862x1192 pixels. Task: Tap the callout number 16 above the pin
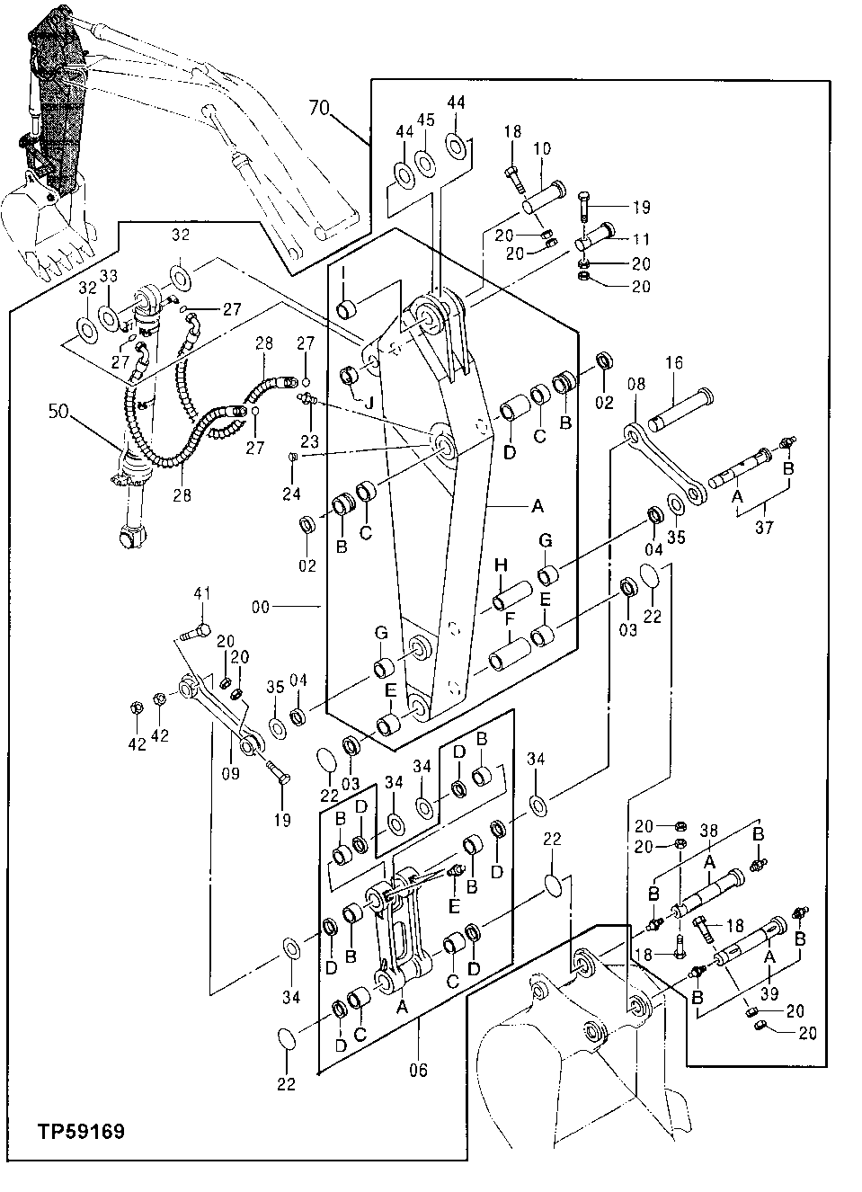pos(674,362)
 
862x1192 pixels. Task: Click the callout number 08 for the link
pos(635,385)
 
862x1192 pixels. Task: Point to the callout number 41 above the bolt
pos(202,593)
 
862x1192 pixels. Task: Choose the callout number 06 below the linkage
pos(418,1070)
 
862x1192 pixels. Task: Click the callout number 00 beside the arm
pos(260,607)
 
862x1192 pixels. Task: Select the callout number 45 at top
pos(426,120)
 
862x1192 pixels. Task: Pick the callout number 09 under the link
pos(230,771)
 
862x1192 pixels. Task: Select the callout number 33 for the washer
pos(108,277)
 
